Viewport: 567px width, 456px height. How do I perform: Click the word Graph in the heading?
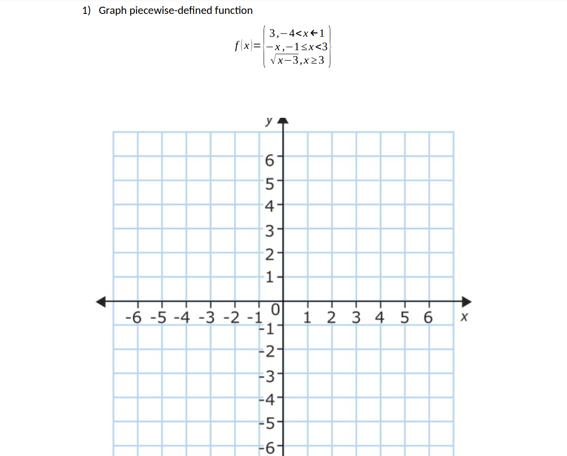pyautogui.click(x=113, y=10)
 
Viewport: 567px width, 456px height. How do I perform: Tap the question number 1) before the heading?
pyautogui.click(x=87, y=10)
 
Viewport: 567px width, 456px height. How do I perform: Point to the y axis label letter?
pyautogui.click(x=268, y=121)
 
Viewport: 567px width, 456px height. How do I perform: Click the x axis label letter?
pyautogui.click(x=464, y=317)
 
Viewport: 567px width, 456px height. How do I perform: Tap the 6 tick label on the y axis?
pyautogui.click(x=269, y=160)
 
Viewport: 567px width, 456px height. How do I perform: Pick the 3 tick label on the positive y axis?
pyautogui.click(x=269, y=231)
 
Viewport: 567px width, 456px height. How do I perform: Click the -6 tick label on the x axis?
pyautogui.click(x=133, y=318)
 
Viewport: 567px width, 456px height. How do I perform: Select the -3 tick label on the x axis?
pyautogui.click(x=207, y=318)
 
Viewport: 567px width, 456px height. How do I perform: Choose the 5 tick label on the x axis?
pyautogui.click(x=405, y=318)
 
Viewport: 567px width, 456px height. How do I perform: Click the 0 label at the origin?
pyautogui.click(x=275, y=309)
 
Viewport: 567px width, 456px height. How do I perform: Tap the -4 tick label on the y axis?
pyautogui.click(x=268, y=399)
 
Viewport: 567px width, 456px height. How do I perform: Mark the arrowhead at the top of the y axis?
pyautogui.click(x=283, y=120)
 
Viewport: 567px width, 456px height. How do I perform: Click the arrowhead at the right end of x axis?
pyautogui.click(x=467, y=301)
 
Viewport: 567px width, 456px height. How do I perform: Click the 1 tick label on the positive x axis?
pyautogui.click(x=307, y=318)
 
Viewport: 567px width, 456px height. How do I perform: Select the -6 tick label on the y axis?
pyautogui.click(x=268, y=447)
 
